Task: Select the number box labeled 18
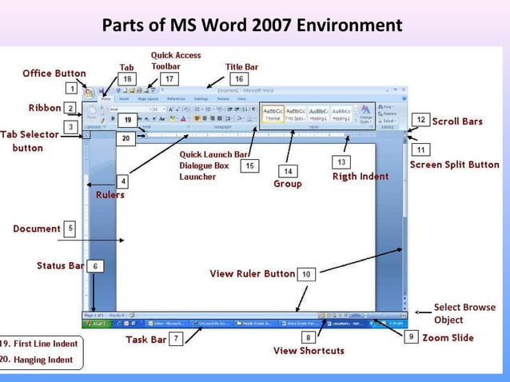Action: click(x=126, y=79)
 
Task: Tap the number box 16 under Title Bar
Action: click(x=238, y=79)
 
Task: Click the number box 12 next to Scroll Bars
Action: click(x=420, y=120)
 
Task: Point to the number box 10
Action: click(x=307, y=274)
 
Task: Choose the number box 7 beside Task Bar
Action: click(x=177, y=339)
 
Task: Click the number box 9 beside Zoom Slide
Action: click(x=411, y=338)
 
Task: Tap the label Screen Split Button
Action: click(x=454, y=165)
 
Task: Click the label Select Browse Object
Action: click(x=464, y=313)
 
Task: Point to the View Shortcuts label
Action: click(x=309, y=351)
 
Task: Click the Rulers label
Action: click(x=110, y=194)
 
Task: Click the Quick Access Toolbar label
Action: click(x=176, y=61)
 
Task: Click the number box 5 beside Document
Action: click(x=70, y=229)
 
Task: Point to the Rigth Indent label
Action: click(x=361, y=177)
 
